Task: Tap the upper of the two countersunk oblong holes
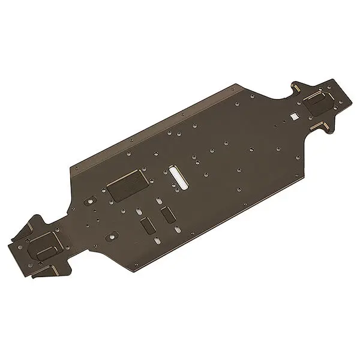coord(139,211)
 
